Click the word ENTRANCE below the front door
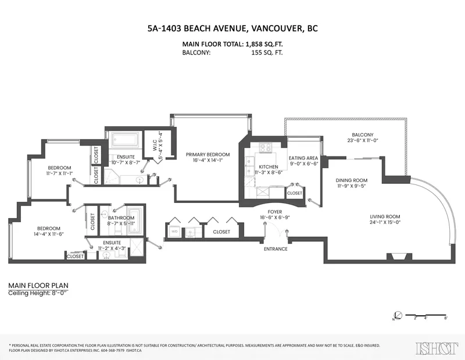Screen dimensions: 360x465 [x=276, y=249]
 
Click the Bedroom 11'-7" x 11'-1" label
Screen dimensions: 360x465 [x=60, y=170]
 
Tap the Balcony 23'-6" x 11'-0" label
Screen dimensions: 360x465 [x=366, y=137]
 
